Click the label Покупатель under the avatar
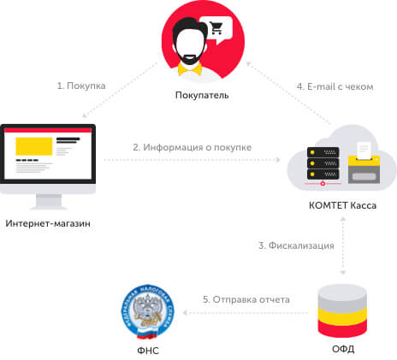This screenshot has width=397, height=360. [202, 95]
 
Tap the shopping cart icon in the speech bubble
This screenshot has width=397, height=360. [216, 28]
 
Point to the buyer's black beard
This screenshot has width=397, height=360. [189, 58]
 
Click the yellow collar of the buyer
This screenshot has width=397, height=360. [190, 69]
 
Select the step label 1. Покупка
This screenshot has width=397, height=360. [81, 86]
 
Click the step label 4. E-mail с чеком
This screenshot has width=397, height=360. [335, 86]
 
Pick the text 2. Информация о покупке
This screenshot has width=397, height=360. [193, 147]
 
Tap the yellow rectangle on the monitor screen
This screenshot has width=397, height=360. [34, 146]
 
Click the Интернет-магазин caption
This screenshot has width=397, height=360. [48, 223]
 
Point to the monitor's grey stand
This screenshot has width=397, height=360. [49, 202]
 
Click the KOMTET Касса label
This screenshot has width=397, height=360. [342, 205]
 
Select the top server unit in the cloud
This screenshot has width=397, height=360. [323, 152]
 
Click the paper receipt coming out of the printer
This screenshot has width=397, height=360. [364, 150]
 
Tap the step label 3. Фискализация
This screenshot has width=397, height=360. [296, 245]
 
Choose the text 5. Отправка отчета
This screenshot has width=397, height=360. [246, 299]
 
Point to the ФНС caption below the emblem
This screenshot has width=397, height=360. [148, 351]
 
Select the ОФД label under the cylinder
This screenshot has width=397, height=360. [343, 349]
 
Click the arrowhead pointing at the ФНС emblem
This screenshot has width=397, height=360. [185, 313]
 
